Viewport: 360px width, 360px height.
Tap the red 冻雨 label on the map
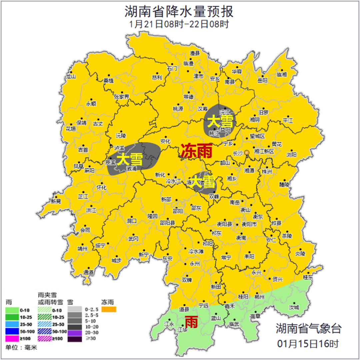[197, 151]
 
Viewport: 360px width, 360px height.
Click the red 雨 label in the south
[191, 322]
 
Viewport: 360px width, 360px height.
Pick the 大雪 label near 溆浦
[130, 159]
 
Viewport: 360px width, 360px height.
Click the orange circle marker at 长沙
[247, 152]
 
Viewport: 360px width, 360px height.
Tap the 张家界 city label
[121, 97]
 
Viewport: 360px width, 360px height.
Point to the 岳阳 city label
[262, 80]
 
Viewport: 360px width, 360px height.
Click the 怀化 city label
[101, 188]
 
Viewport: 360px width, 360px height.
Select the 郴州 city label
[259, 297]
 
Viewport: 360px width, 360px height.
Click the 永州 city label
[194, 264]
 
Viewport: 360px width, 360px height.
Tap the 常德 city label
[188, 97]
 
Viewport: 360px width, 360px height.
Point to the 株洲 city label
[267, 171]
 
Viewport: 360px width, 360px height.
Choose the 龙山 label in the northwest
[71, 77]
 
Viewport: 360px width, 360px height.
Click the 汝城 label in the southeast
[294, 307]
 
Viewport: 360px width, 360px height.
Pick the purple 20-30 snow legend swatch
[74, 332]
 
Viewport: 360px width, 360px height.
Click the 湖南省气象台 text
[308, 329]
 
